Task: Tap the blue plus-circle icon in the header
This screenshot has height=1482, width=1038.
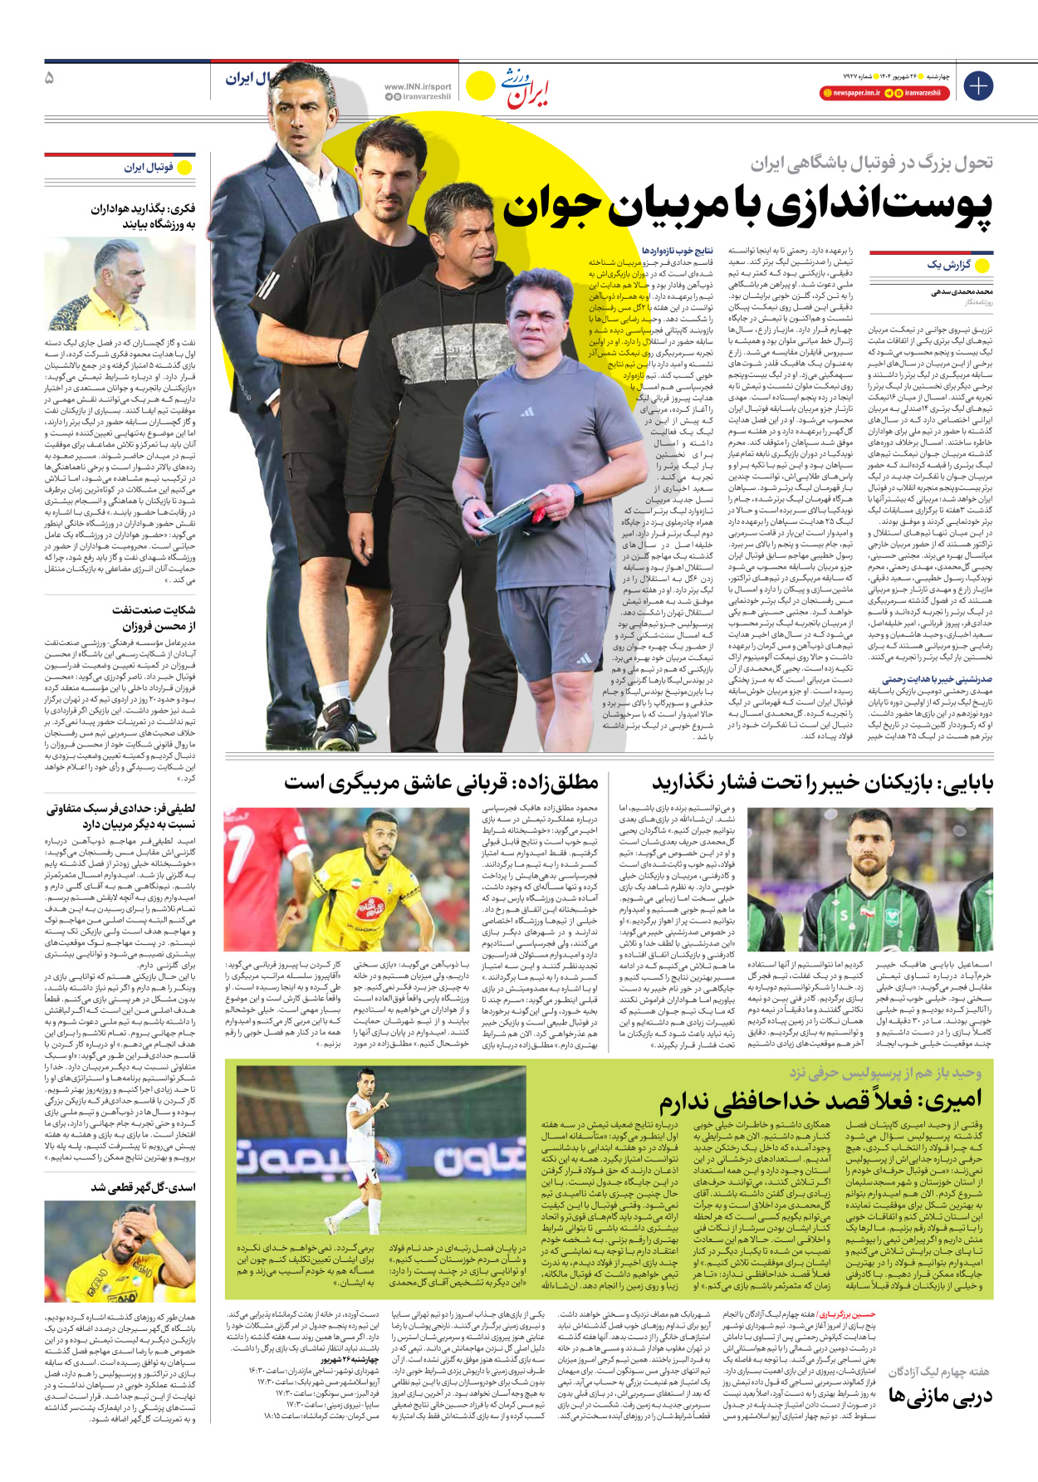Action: [x=978, y=86]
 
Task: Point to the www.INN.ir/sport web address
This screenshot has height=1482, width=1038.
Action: [x=418, y=86]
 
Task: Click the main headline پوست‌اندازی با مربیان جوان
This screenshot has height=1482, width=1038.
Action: [x=747, y=207]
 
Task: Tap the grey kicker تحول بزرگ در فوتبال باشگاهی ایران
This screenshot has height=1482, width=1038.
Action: [x=872, y=164]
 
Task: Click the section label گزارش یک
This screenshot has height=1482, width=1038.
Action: [x=948, y=265]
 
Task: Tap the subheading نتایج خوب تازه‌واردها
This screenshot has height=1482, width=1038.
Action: [x=677, y=250]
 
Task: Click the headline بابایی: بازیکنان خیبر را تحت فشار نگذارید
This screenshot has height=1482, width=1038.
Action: [x=822, y=782]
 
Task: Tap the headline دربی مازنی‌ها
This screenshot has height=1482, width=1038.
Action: [x=940, y=1397]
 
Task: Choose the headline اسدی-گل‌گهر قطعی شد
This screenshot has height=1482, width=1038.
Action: [x=143, y=1187]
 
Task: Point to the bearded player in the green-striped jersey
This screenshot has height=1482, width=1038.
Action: [x=839, y=880]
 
